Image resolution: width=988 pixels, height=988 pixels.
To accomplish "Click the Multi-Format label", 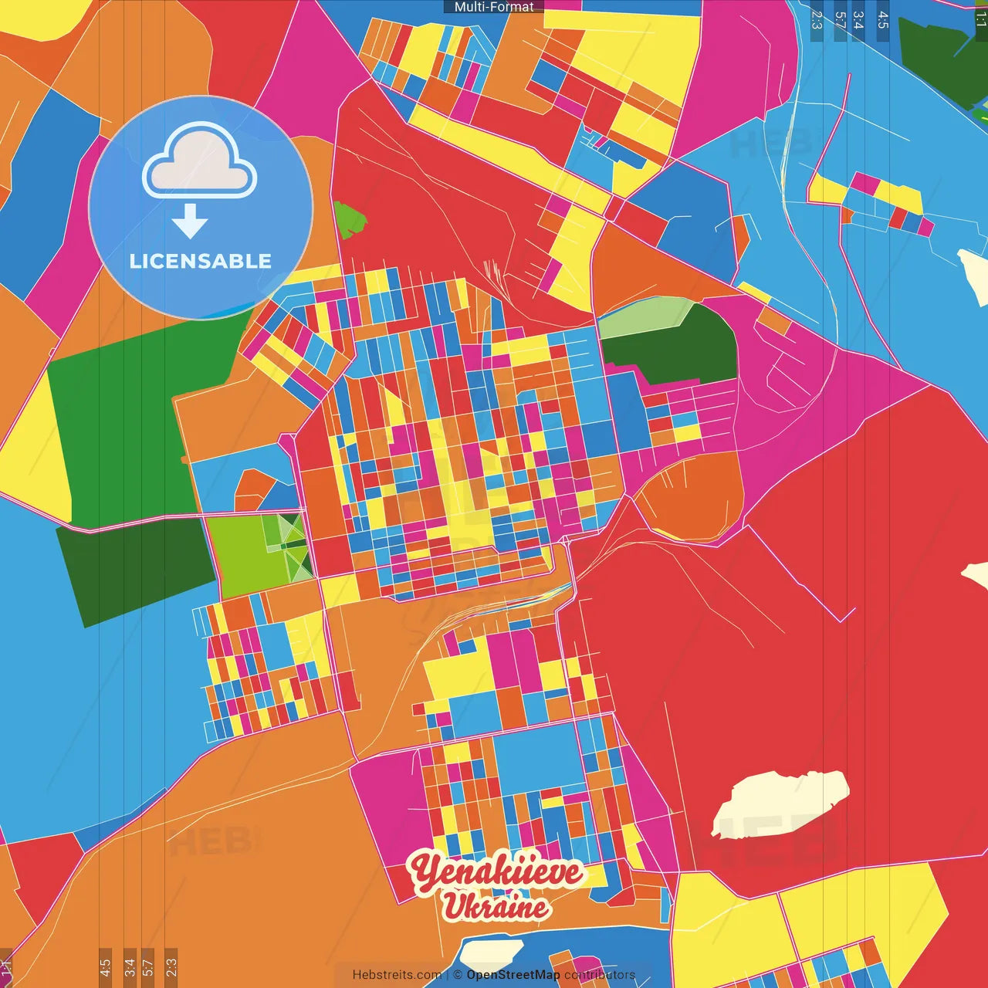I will (494, 7).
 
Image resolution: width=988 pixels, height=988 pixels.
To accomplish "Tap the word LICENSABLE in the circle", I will (200, 261).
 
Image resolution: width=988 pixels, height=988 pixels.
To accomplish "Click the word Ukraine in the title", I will (496, 906).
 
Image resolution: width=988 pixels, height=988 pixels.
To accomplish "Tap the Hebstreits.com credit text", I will (397, 975).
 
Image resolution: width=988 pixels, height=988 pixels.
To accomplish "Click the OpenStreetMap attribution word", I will (513, 975).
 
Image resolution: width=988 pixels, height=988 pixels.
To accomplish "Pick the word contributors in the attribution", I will (600, 975).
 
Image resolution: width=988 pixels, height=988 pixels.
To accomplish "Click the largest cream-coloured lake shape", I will (780, 803).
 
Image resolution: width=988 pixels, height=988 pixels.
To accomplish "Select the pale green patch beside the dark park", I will (645, 318).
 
